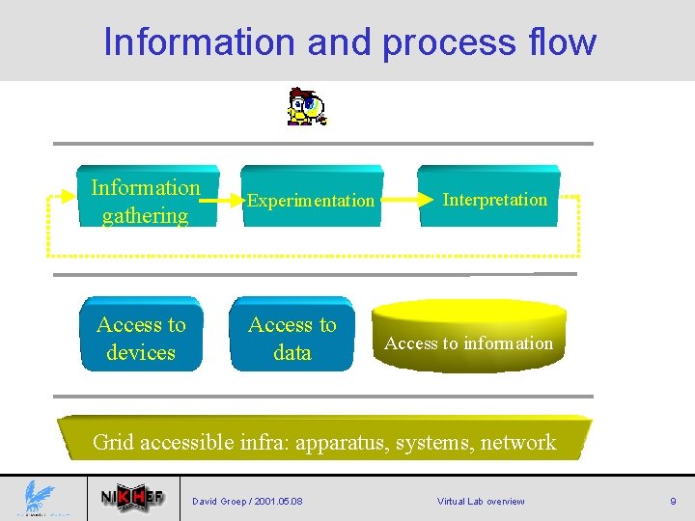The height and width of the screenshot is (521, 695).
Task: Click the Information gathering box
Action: (146, 201)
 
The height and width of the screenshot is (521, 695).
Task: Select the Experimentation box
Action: (310, 200)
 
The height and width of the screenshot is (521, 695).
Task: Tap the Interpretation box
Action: (494, 199)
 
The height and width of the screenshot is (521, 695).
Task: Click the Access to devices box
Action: (141, 338)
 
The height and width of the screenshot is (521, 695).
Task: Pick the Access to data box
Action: (292, 338)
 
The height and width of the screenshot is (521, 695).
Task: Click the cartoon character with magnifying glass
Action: (306, 107)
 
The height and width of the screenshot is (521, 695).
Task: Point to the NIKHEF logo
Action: (133, 499)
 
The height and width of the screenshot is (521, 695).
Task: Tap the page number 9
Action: (673, 501)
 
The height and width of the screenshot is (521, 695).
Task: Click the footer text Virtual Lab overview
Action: (481, 501)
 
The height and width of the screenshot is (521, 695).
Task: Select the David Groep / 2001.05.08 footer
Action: (247, 501)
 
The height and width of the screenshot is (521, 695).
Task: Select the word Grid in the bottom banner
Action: (114, 442)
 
